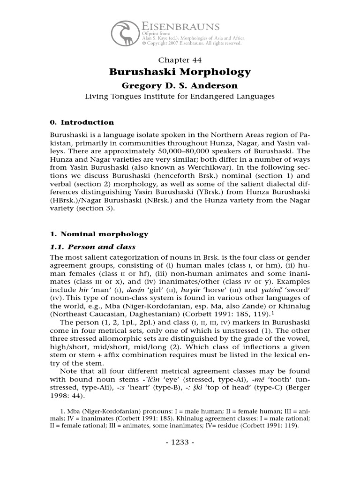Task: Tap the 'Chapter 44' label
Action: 180,60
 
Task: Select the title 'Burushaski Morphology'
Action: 180,72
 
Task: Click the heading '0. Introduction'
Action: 82,122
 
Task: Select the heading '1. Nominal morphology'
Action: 98,234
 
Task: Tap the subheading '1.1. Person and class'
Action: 92,247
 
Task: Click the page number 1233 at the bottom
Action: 180,442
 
